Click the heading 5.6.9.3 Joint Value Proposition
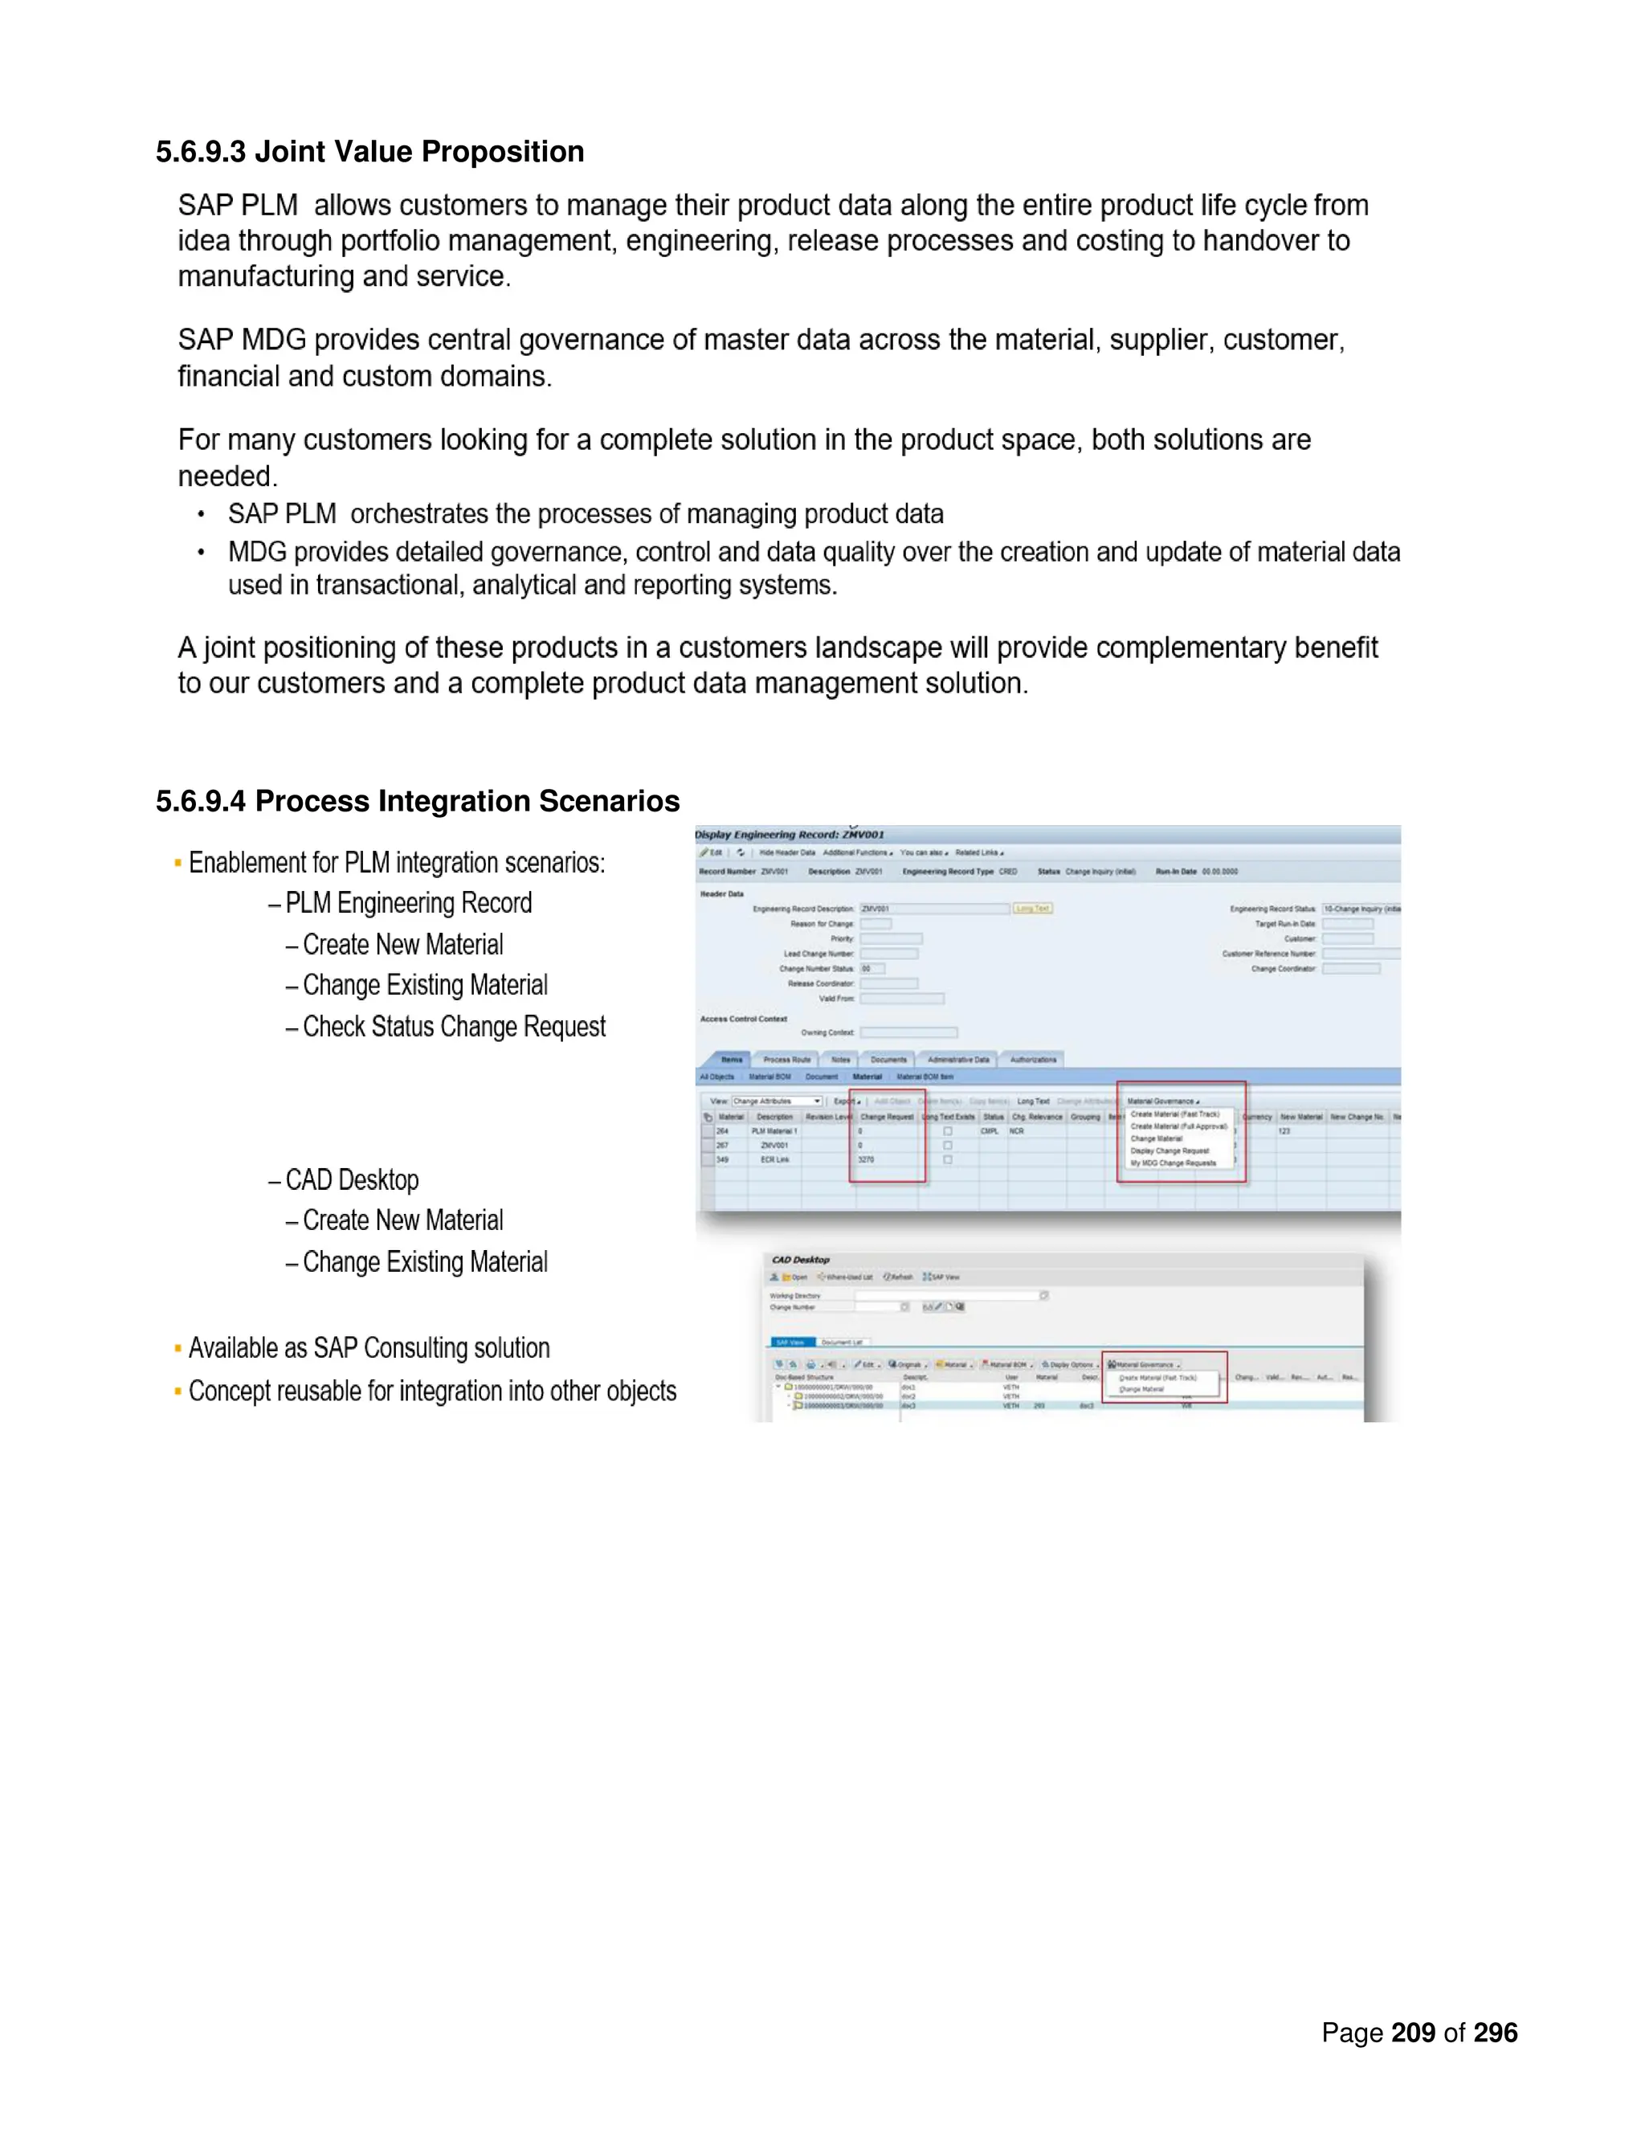(x=369, y=151)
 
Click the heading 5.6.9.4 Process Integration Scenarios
(x=417, y=800)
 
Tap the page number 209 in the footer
(x=1412, y=2033)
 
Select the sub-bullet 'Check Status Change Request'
(x=453, y=1027)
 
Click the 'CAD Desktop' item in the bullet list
(x=352, y=1179)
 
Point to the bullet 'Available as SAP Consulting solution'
(x=369, y=1348)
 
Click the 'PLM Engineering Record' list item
(x=408, y=903)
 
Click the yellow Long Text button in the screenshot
(x=1032, y=909)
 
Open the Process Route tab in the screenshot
(x=786, y=1060)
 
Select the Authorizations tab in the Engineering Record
(x=1032, y=1060)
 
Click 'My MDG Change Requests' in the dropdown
(x=1173, y=1163)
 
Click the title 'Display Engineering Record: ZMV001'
(x=790, y=835)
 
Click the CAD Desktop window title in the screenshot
(x=800, y=1260)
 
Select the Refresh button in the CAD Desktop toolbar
(x=897, y=1277)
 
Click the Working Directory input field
(x=945, y=1296)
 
